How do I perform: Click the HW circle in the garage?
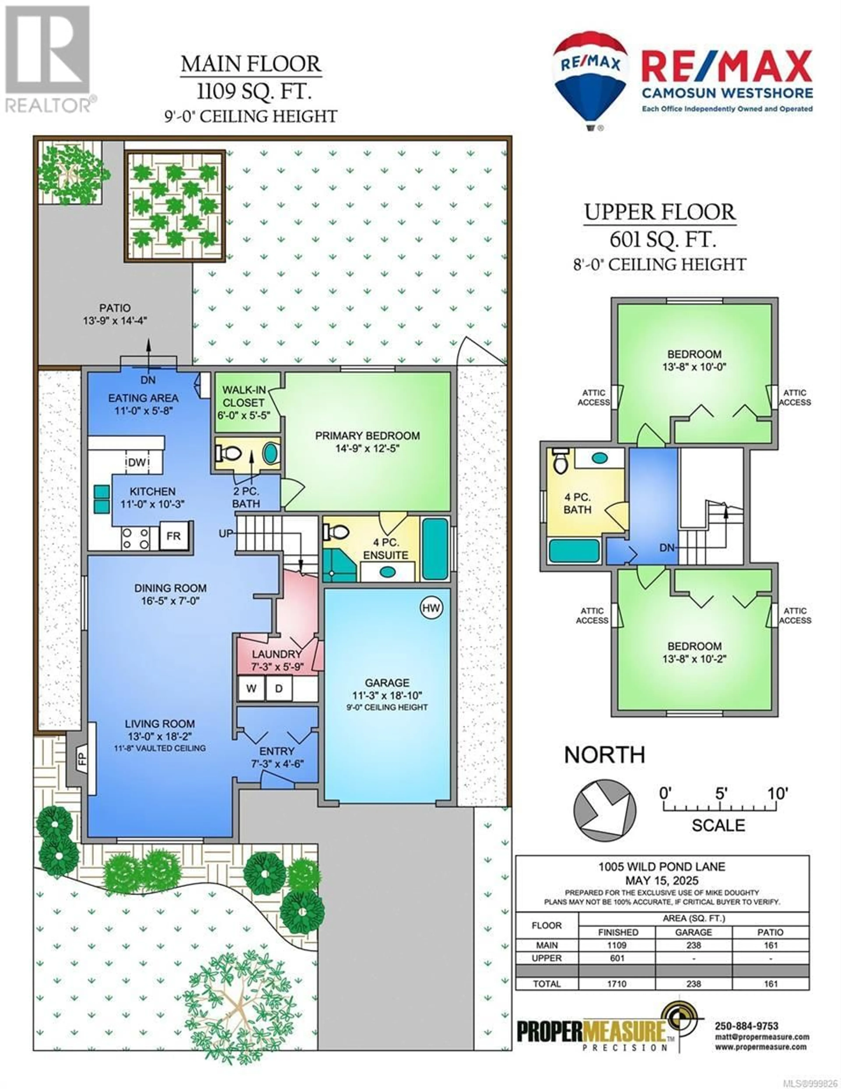click(x=431, y=608)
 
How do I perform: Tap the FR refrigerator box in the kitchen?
click(x=173, y=536)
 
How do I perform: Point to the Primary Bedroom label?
click(x=367, y=436)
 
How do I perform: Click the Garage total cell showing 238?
click(x=693, y=984)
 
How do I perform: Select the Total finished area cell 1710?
click(x=617, y=984)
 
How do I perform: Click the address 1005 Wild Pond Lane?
click(x=662, y=867)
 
